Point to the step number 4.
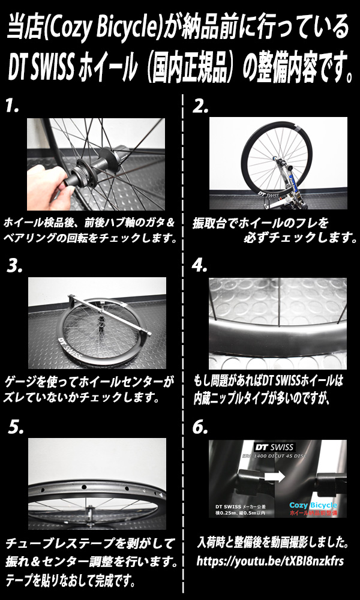point(200,266)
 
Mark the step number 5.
point(16,427)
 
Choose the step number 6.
point(200,427)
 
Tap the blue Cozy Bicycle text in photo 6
point(313,505)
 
